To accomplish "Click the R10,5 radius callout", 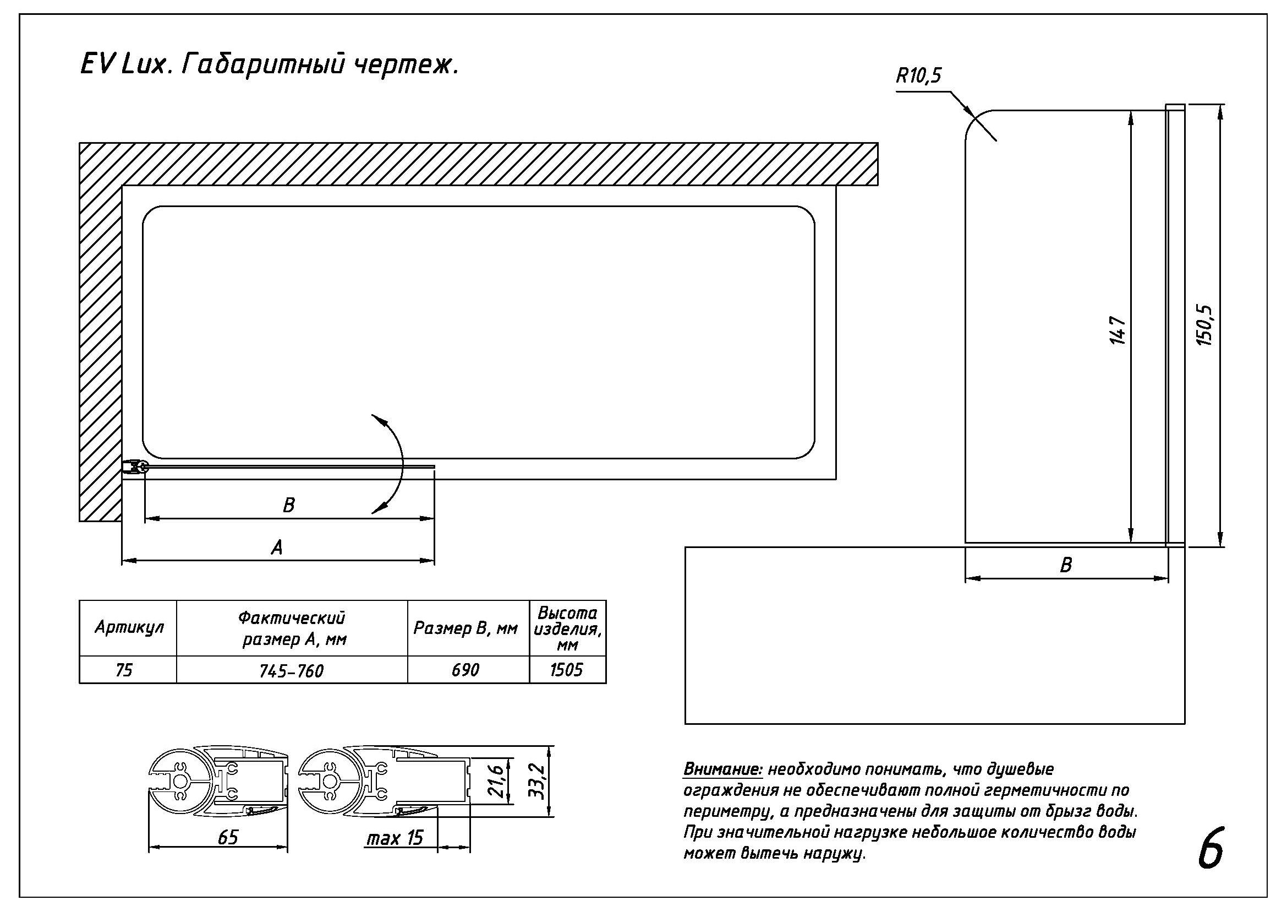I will [918, 75].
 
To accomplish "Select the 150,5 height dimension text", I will [1205, 326].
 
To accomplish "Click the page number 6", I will [1211, 848].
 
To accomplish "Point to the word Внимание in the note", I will [722, 769].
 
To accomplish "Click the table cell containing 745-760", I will [292, 671].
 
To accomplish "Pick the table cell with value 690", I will [465, 670].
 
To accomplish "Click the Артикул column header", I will [129, 627].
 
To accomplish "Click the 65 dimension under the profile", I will [228, 838].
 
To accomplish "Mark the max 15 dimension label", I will [395, 838].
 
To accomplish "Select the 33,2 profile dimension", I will [536, 780].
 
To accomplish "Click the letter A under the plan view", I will [277, 547].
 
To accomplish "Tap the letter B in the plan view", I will [289, 506].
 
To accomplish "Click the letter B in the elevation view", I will [1066, 565].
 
